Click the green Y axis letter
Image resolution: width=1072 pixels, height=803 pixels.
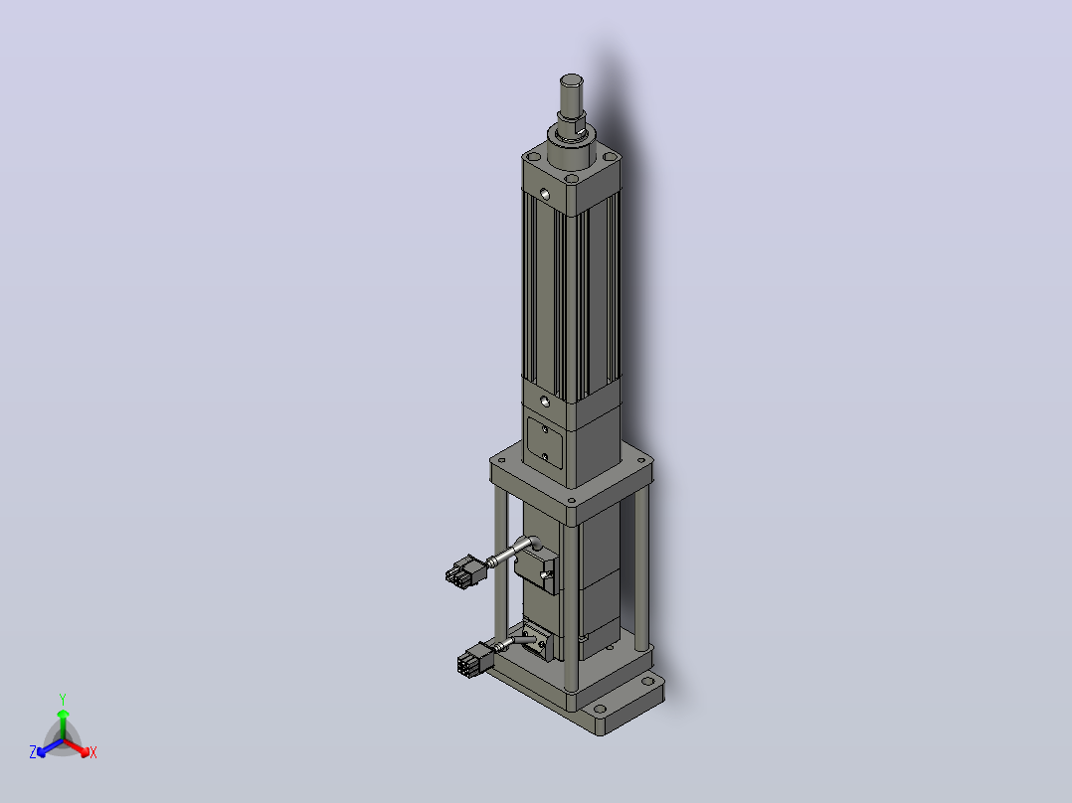point(63,699)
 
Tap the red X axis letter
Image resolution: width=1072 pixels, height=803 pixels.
point(93,752)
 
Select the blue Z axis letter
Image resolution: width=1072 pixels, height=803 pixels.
point(33,752)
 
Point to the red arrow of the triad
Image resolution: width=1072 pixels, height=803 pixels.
point(77,747)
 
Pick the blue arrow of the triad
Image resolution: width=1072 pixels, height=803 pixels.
point(50,747)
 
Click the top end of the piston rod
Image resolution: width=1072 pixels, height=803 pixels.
point(572,80)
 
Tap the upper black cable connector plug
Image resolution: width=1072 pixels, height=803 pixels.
point(464,572)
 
